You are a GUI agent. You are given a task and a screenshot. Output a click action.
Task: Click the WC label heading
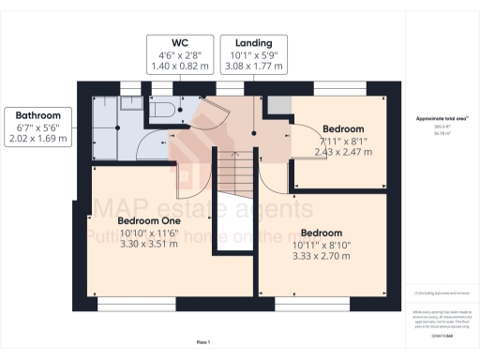pos(179,43)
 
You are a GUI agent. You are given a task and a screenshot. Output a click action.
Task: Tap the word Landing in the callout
pos(253,43)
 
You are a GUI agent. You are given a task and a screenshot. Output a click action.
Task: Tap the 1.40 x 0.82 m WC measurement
pos(179,67)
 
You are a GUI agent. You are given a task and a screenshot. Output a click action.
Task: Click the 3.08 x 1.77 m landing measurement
pos(253,67)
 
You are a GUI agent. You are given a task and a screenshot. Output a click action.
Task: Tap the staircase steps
pos(235,173)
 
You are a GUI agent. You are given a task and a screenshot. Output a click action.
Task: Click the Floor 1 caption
pos(202,341)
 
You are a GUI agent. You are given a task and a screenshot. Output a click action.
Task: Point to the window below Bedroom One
pos(136,302)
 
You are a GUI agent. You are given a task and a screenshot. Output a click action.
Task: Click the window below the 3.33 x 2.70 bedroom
pos(313,302)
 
